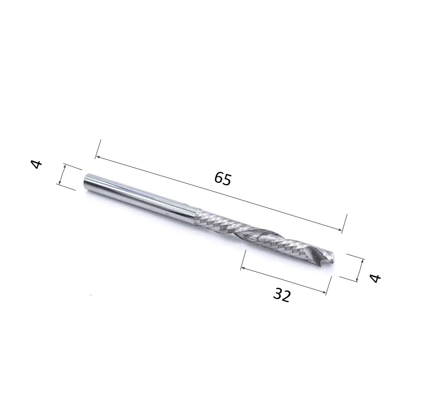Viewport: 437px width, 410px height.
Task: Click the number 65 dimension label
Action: pyautogui.click(x=223, y=178)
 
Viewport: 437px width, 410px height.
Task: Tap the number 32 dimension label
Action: pyautogui.click(x=282, y=295)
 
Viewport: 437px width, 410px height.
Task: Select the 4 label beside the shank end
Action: pyautogui.click(x=37, y=164)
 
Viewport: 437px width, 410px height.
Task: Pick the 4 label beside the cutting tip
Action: pyautogui.click(x=375, y=278)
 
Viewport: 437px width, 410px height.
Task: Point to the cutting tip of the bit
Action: pyautogui.click(x=332, y=256)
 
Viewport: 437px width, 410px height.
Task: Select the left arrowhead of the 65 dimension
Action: pyautogui.click(x=97, y=158)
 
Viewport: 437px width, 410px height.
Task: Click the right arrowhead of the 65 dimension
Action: pyautogui.click(x=340, y=230)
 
